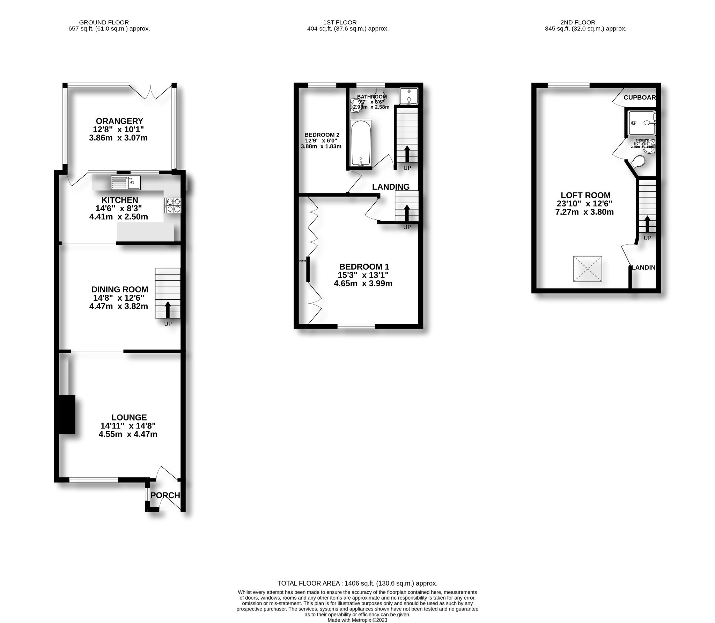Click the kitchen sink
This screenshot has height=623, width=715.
[x=125, y=182]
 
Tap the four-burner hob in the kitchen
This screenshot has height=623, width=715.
[x=173, y=205]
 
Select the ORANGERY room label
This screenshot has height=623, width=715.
[x=119, y=121]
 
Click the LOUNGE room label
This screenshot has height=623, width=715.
[x=129, y=417]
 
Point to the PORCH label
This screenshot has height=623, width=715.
[x=165, y=495]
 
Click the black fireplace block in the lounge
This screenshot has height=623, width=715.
[x=67, y=415]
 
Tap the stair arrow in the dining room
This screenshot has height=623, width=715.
[x=168, y=309]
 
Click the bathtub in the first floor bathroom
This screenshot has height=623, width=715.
[x=361, y=144]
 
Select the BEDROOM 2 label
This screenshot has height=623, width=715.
[x=322, y=135]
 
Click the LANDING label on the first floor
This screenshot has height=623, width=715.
[x=391, y=187]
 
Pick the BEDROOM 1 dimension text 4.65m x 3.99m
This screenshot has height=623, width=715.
[x=363, y=284]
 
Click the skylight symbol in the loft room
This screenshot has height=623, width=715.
[x=588, y=269]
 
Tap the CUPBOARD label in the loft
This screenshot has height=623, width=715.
[x=640, y=97]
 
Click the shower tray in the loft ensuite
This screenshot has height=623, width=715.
[x=640, y=123]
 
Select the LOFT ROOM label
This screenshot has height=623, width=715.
[x=585, y=195]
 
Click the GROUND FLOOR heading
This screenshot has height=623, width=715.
[x=104, y=22]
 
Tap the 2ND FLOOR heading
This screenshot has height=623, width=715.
[x=578, y=22]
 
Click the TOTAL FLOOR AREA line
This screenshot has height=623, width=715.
[x=357, y=583]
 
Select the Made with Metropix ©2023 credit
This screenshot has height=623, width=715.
[x=357, y=620]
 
